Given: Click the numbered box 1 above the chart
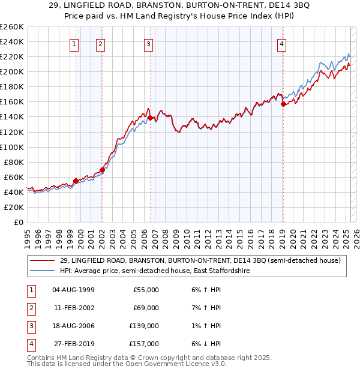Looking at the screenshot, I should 74,43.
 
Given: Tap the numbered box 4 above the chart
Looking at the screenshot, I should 281,43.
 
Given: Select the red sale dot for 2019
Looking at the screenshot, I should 283,104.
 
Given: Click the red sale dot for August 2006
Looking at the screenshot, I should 150,117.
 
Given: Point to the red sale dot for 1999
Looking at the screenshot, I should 76,181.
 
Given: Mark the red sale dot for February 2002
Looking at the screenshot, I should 103,170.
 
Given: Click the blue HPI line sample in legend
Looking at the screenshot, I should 41,271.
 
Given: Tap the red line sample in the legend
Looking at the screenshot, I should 41,260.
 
